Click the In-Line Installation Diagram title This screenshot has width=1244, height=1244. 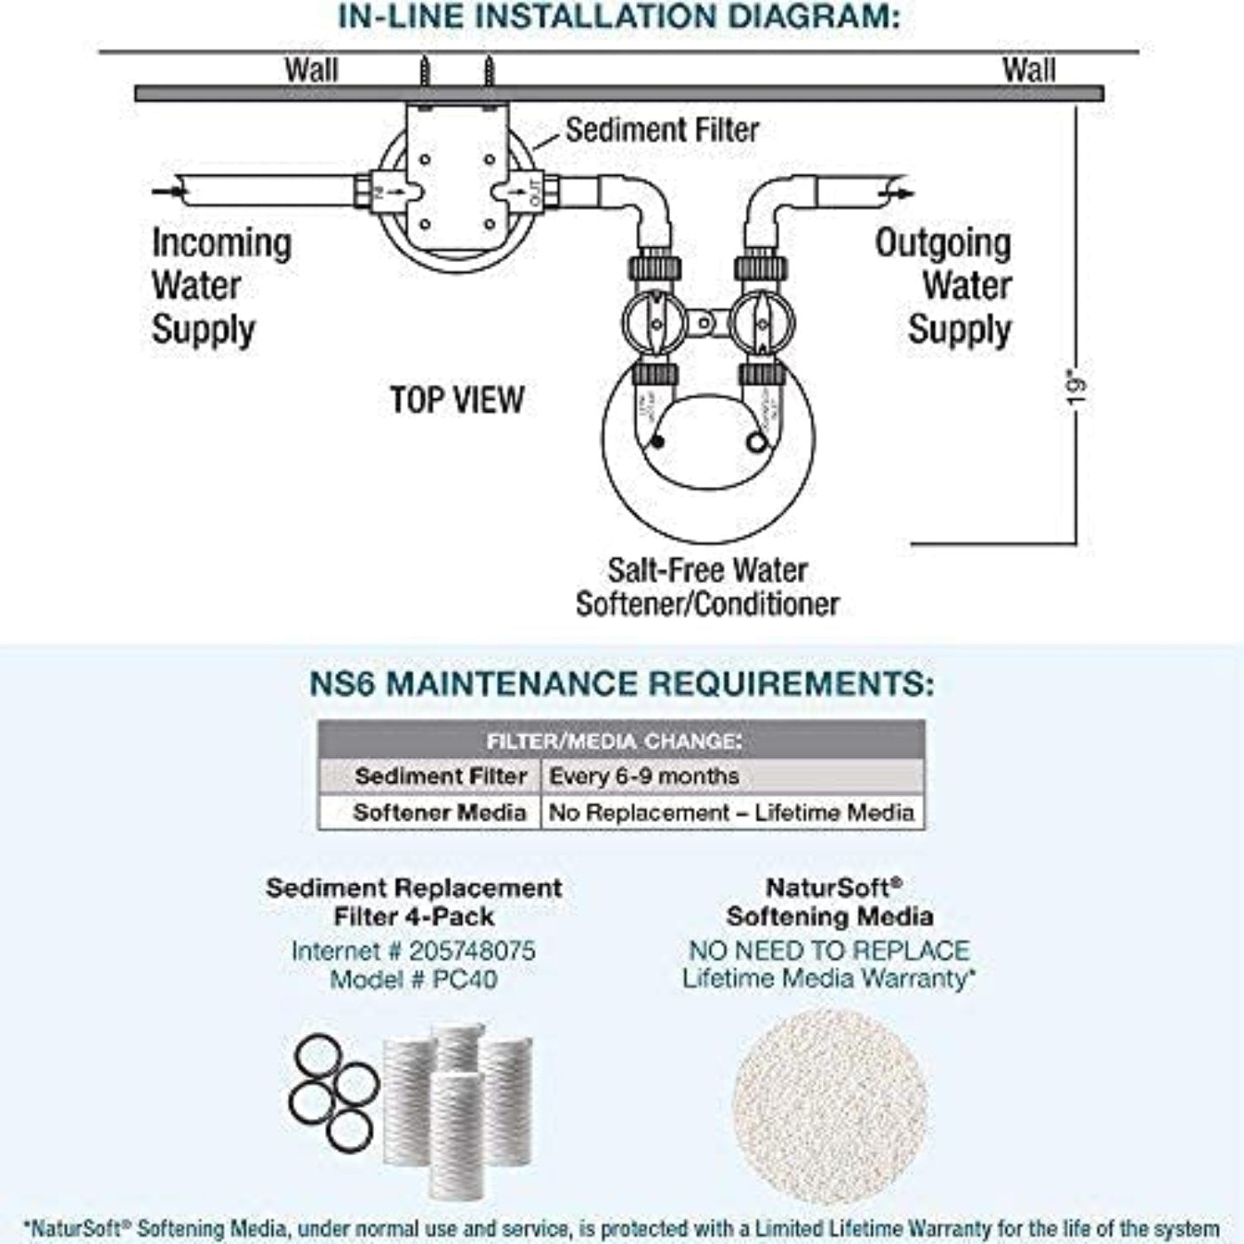coord(619,18)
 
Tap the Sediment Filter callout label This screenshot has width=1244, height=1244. coord(662,130)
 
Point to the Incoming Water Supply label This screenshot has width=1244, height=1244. coord(220,286)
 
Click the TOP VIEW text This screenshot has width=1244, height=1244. coord(457,400)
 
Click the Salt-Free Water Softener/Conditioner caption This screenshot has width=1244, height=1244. coord(707,586)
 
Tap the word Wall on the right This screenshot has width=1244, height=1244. coord(1029,70)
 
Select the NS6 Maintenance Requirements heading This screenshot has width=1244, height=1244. coord(622,684)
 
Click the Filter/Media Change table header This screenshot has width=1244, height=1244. coord(614,741)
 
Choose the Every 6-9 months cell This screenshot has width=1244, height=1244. coord(644,776)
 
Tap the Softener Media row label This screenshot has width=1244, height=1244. coord(439,812)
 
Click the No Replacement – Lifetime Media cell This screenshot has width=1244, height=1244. coord(730,812)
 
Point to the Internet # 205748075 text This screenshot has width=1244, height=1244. coord(413,951)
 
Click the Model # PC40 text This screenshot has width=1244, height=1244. coord(413,979)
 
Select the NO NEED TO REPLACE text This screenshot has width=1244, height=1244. coord(828,950)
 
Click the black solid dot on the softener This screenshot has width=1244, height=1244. coord(657,442)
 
